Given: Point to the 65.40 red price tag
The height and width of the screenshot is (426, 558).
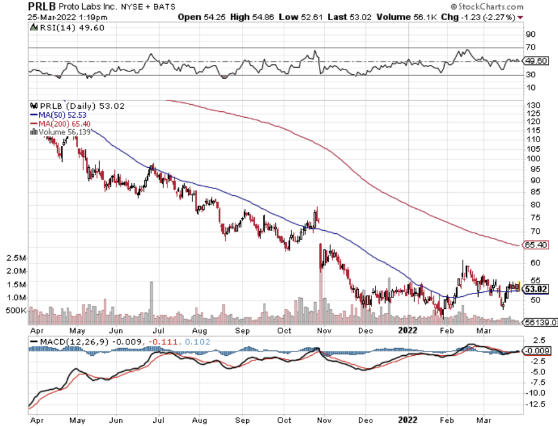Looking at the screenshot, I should click(x=535, y=245).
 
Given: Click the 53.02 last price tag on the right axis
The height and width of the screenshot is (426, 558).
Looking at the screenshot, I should click(x=537, y=289).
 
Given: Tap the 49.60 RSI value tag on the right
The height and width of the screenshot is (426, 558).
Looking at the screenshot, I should click(x=535, y=61).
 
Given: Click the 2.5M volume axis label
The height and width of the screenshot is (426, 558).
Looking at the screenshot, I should click(x=16, y=259).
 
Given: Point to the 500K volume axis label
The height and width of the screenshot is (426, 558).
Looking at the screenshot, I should click(x=16, y=311).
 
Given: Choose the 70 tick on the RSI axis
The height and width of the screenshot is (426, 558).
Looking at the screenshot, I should click(x=531, y=47).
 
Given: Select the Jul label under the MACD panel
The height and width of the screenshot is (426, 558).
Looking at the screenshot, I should click(x=159, y=419).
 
